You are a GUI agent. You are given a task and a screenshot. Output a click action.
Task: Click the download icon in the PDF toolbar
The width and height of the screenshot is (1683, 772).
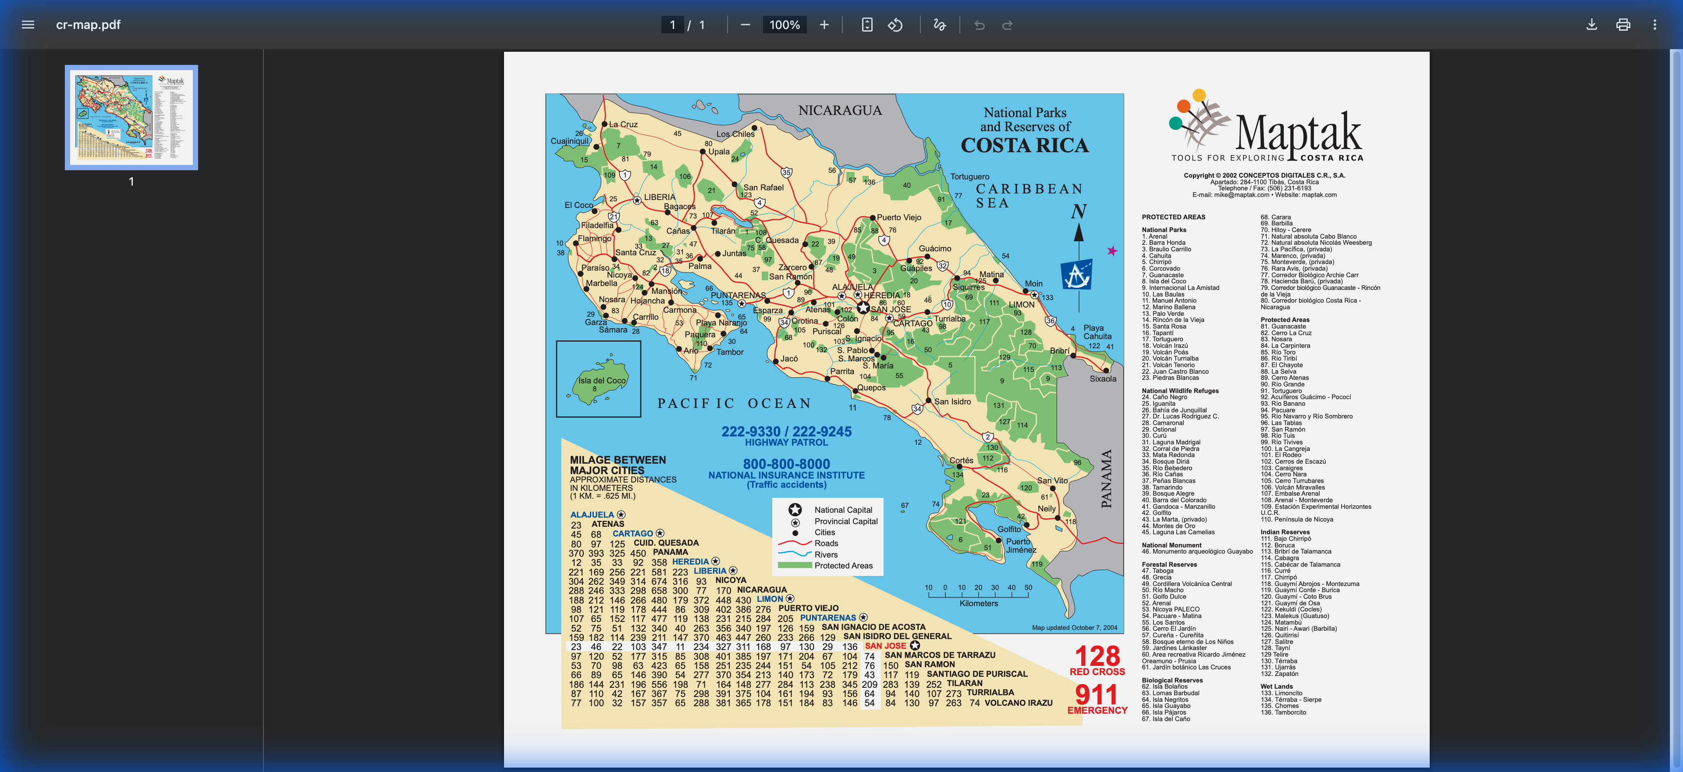pos(1591,25)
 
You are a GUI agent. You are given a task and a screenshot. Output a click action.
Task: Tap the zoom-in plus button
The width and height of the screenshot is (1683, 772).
pos(824,25)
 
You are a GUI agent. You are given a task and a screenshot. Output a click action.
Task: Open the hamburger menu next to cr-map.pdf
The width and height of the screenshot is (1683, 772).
pos(28,25)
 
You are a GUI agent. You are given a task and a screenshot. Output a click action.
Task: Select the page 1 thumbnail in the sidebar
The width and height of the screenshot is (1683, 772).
pos(131,118)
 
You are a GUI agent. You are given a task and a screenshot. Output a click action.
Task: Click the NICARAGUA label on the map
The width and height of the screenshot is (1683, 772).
pos(840,111)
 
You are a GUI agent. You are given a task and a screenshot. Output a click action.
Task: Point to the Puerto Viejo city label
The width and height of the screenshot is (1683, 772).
pos(898,217)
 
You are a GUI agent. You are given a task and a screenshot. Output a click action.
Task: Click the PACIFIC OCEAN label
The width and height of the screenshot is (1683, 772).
pos(734,403)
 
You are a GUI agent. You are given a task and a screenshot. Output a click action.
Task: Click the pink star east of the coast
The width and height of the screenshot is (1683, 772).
pos(1112,251)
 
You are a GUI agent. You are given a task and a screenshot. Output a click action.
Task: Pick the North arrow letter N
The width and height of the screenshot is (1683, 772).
pos(1078,212)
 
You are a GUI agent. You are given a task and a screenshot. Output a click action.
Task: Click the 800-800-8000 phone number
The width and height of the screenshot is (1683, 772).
pos(786,464)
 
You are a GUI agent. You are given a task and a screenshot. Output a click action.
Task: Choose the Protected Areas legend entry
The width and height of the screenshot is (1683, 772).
pos(843,565)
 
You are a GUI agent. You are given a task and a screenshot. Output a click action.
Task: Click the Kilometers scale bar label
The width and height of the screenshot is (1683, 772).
pos(978,604)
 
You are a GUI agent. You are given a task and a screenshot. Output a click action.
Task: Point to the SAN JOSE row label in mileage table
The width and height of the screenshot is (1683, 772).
pos(885,646)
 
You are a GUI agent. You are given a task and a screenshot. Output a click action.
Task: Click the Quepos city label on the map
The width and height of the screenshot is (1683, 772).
pos(871,388)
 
